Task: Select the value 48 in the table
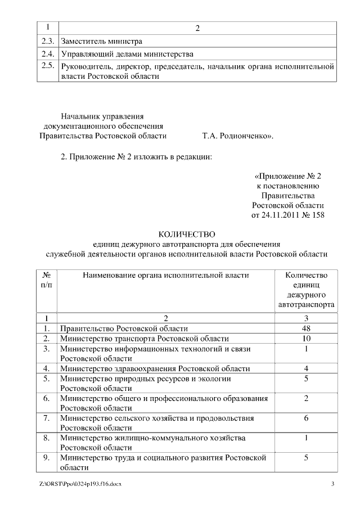pyautogui.click(x=306, y=328)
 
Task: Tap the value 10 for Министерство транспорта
pyautogui.click(x=306, y=339)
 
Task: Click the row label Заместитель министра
pyautogui.click(x=101, y=41)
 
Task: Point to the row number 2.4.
pyautogui.click(x=48, y=54)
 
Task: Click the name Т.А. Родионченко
pyautogui.click(x=237, y=136)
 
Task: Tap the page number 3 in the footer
pyautogui.click(x=332, y=484)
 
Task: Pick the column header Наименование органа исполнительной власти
pyautogui.click(x=165, y=275)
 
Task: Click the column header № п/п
pyautogui.click(x=47, y=280)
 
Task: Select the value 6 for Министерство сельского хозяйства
pyautogui.click(x=306, y=418)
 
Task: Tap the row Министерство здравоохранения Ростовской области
pyautogui.click(x=155, y=369)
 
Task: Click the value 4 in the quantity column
pyautogui.click(x=306, y=369)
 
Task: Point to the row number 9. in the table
pyautogui.click(x=47, y=458)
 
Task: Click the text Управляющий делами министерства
pyautogui.click(x=127, y=54)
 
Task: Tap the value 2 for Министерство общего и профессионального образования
pyautogui.click(x=306, y=398)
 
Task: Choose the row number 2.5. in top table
pyautogui.click(x=48, y=66)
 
